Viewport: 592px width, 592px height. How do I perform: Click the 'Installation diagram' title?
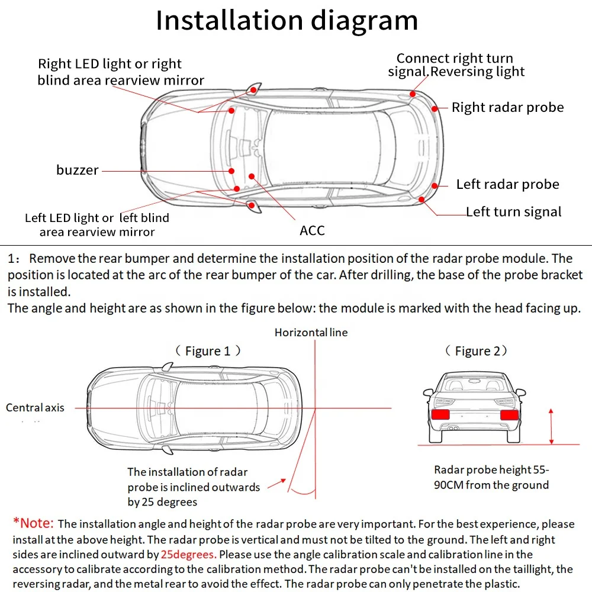287,21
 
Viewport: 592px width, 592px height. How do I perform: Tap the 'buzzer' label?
78,170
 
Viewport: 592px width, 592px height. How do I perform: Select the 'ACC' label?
312,230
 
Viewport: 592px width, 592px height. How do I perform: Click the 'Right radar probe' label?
507,107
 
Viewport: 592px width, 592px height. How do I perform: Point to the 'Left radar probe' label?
507,184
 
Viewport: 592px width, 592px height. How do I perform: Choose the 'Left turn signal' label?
513,211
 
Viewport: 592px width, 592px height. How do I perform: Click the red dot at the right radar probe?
435,108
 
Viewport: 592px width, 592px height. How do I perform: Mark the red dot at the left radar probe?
435,185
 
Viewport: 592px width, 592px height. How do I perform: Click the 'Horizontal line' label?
311,332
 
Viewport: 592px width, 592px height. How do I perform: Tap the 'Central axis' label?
35,407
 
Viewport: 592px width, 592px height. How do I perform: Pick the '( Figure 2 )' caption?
477,351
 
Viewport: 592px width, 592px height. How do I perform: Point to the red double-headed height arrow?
551,426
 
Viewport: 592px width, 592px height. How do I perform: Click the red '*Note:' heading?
34,523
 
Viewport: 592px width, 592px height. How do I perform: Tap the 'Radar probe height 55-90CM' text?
491,477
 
